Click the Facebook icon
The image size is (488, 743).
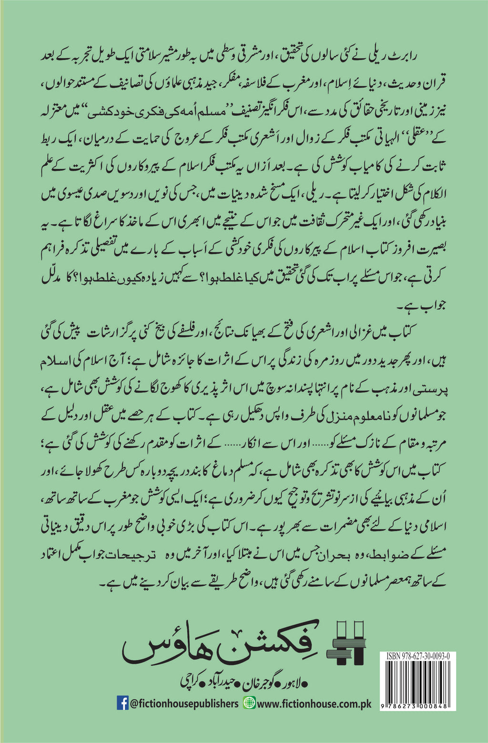[122, 703]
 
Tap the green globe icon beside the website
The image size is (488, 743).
[249, 703]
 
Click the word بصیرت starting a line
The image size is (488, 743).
[433, 251]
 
